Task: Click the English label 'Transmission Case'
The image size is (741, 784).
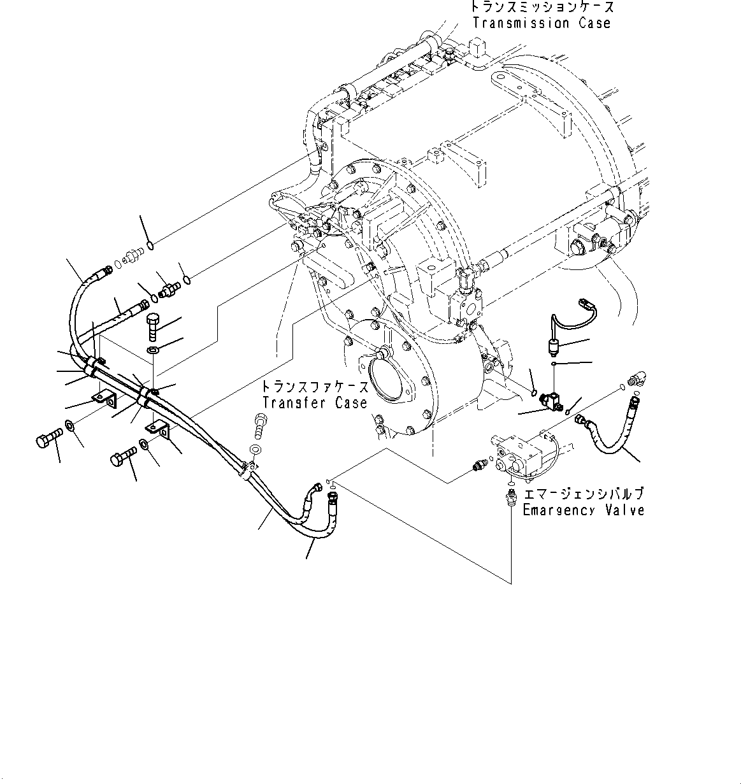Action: tap(541, 24)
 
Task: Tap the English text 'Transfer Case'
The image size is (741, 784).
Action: tap(315, 403)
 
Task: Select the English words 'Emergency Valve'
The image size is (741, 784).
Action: tap(583, 510)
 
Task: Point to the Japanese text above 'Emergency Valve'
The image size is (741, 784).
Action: tap(583, 495)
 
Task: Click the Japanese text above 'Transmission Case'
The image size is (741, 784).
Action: tap(542, 8)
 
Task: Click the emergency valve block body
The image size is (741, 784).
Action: tap(519, 455)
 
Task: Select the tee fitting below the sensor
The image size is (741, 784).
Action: tap(550, 401)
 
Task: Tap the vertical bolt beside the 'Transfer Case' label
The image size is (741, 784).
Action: tap(259, 425)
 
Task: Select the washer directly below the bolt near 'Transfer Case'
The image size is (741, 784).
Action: tap(255, 450)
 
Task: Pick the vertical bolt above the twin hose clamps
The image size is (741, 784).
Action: tap(154, 326)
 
